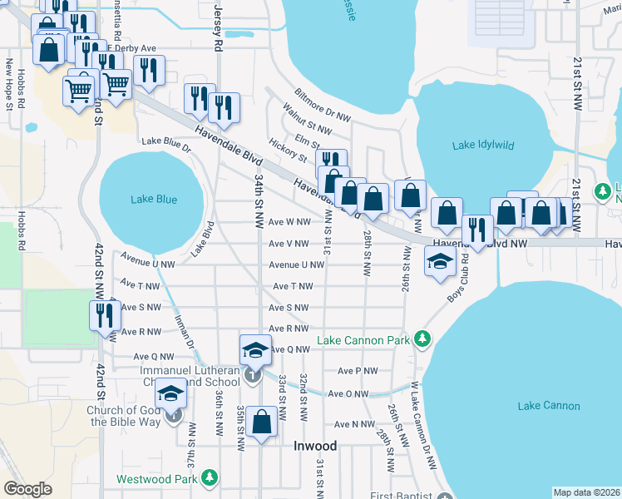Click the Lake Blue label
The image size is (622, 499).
(154, 199)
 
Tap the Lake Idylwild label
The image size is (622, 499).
(483, 146)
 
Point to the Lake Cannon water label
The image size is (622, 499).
(548, 406)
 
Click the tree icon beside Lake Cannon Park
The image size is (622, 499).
(423, 339)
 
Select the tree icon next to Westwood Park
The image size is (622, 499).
(210, 478)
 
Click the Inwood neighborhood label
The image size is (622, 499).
(316, 446)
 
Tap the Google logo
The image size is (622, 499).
(27, 488)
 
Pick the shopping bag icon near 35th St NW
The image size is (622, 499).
(262, 422)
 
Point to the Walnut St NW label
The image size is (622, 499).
(306, 120)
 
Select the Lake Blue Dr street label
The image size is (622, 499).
(166, 145)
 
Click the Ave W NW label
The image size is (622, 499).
(289, 222)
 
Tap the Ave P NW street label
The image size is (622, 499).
(358, 371)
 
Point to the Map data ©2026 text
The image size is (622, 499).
(586, 492)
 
